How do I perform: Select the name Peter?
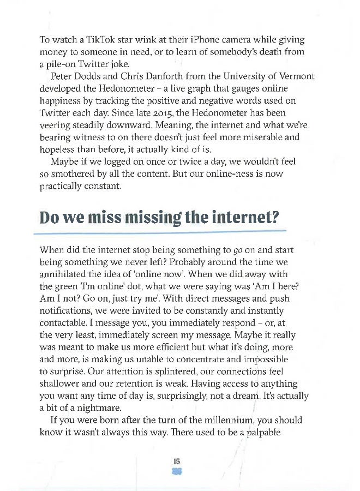(63, 76)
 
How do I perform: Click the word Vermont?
(296, 76)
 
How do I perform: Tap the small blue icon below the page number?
(177, 471)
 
